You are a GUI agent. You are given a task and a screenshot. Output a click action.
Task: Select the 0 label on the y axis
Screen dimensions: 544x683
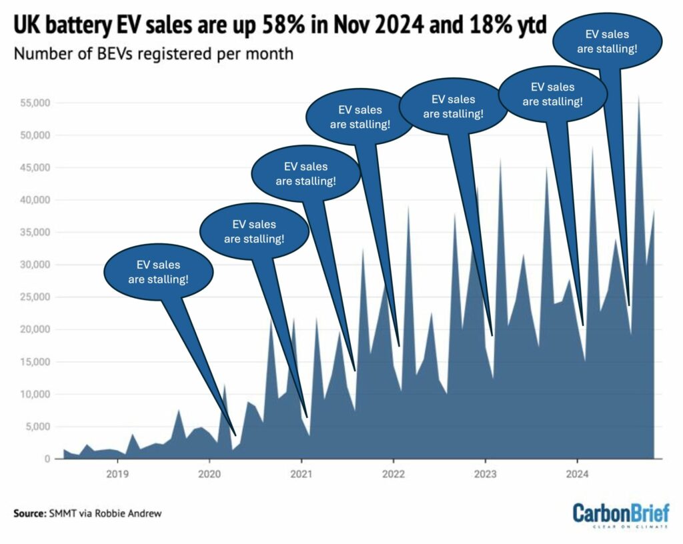(x=48, y=459)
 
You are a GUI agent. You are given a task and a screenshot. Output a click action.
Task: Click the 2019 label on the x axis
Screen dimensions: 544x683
(x=117, y=475)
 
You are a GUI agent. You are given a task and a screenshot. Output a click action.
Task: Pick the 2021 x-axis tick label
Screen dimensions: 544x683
(x=301, y=475)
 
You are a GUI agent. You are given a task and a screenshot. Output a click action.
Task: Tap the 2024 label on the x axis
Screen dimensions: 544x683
(x=576, y=475)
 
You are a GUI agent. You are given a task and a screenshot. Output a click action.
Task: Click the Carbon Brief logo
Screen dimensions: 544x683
(x=621, y=515)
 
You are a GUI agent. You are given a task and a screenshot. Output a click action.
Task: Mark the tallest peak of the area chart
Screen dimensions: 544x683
(x=639, y=97)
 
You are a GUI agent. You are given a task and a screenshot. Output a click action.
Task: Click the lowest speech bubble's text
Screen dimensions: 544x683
(x=158, y=272)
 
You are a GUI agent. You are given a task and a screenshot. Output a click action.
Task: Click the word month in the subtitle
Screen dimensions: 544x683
(x=270, y=53)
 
